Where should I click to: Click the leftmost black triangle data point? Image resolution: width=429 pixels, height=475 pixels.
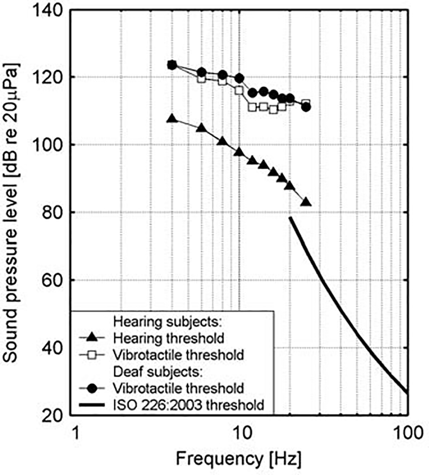[x=172, y=119]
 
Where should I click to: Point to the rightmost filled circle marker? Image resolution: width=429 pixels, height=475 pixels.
[x=307, y=107]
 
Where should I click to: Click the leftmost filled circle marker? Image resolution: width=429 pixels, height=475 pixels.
[x=172, y=65]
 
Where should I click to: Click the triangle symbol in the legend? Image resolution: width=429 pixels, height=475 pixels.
[x=91, y=338]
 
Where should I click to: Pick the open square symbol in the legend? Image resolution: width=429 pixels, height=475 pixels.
[x=91, y=355]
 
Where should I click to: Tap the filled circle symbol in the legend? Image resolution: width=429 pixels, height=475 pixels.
[x=91, y=388]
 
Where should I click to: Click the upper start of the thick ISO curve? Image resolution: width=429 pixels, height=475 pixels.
[x=290, y=218]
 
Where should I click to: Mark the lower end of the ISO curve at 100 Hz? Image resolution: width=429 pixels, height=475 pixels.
[x=407, y=392]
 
